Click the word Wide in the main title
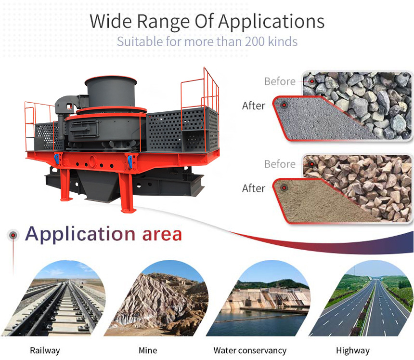click(110, 21)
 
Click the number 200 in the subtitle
click(255, 41)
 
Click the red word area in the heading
click(162, 234)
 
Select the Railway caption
click(45, 351)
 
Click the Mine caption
click(148, 350)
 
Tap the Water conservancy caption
click(250, 351)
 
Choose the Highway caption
click(353, 351)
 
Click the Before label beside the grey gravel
click(280, 81)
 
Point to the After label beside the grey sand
click(254, 106)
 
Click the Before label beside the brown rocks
click(280, 164)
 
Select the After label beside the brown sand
click(254, 188)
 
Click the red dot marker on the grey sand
click(284, 105)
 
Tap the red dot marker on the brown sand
click(284, 188)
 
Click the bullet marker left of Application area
click(13, 235)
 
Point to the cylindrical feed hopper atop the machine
click(111, 91)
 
